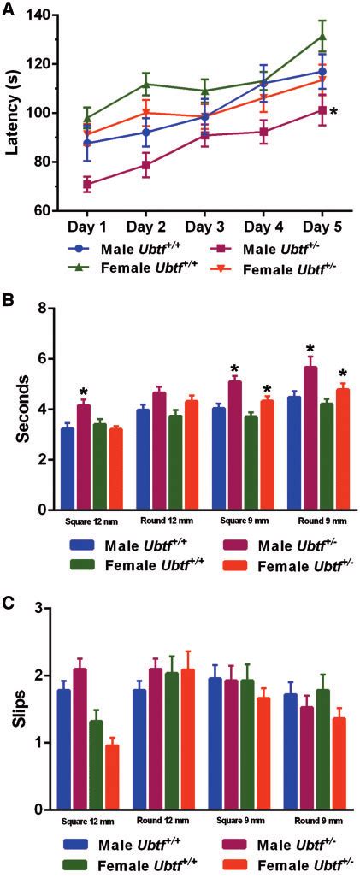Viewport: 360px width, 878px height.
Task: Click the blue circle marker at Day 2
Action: click(x=145, y=132)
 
